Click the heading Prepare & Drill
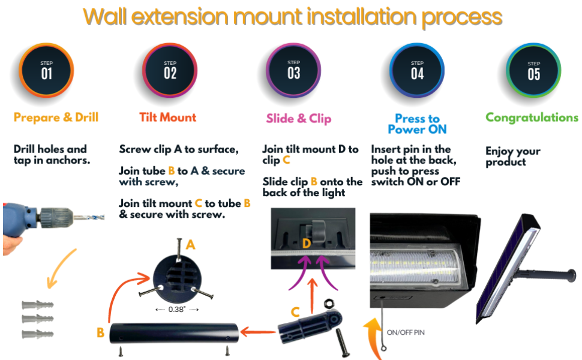click(x=56, y=118)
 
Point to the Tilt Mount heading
click(x=167, y=118)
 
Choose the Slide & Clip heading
click(x=299, y=118)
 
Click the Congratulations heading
click(x=532, y=118)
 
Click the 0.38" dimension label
click(x=178, y=310)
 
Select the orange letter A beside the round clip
click(x=191, y=245)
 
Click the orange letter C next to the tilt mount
click(x=295, y=311)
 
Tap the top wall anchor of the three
click(x=38, y=305)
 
